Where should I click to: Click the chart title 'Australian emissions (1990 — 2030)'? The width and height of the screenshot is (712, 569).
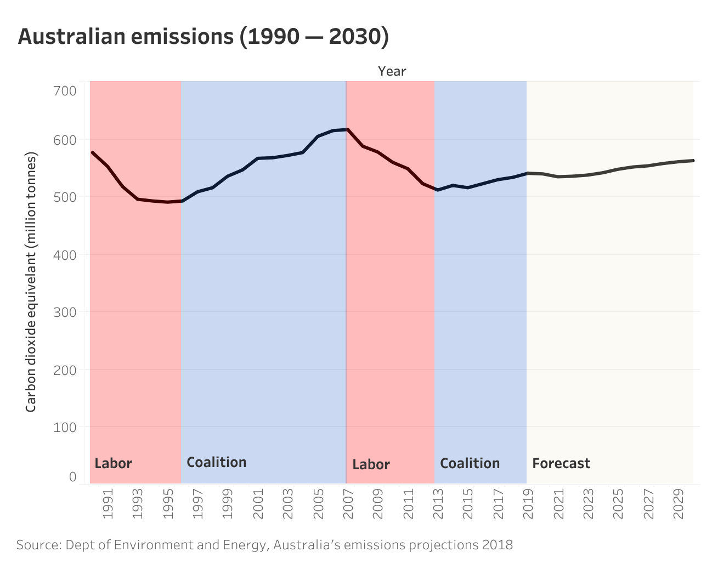204,36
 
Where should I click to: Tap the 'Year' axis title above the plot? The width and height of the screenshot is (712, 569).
392,71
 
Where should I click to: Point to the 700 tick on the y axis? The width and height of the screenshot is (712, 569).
65,90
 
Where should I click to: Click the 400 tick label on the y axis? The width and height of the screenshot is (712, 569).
65,254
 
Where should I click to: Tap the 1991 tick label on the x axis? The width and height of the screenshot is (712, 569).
108,507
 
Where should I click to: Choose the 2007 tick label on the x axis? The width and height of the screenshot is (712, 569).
348,507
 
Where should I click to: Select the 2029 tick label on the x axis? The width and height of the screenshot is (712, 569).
679,507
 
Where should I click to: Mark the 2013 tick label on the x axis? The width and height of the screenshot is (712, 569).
438,507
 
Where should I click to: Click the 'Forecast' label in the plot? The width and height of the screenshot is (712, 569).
561,464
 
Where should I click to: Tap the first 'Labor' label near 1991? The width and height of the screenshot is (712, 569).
113,464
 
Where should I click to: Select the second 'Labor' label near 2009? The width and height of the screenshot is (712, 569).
371,465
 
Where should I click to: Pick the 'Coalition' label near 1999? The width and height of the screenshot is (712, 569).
216,462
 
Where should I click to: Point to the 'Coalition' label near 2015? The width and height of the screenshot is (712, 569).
470,464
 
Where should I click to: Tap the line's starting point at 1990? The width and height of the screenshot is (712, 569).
92,152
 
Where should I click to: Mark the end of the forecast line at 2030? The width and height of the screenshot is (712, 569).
693,161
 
